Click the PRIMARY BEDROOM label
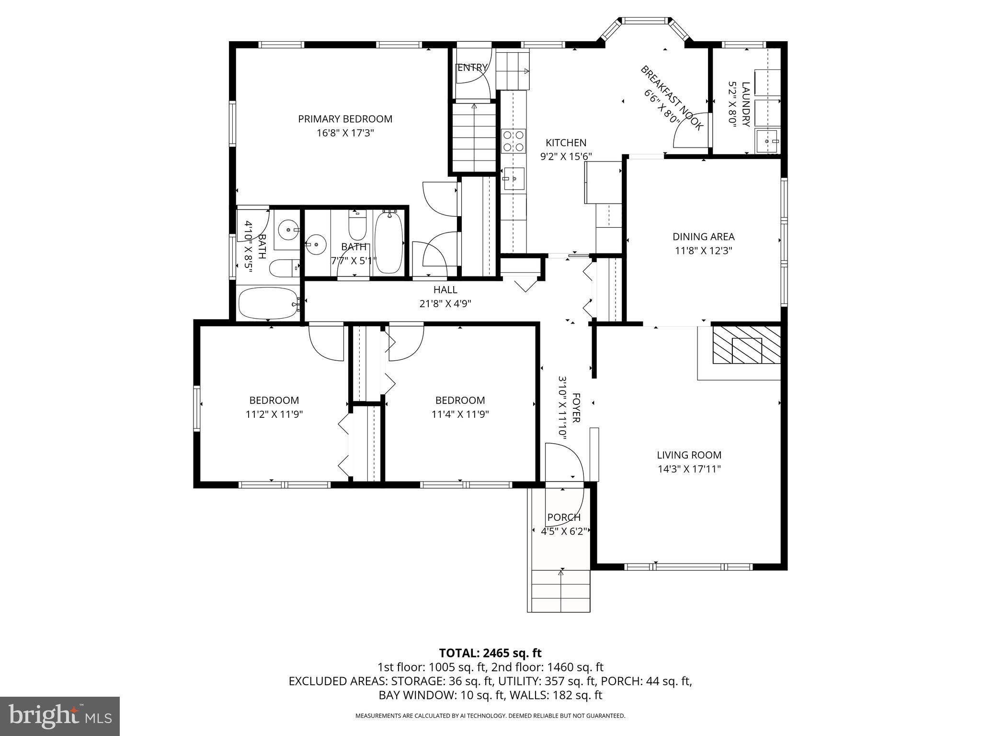click(x=345, y=119)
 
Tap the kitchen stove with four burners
click(x=513, y=141)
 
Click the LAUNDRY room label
click(x=745, y=104)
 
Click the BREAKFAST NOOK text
click(x=672, y=98)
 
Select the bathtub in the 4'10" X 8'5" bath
click(x=268, y=303)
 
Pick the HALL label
click(x=445, y=289)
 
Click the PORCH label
click(x=564, y=517)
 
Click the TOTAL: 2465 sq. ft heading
click(x=490, y=653)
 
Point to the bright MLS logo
click(x=59, y=716)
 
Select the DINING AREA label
click(x=703, y=236)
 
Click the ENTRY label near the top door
click(x=472, y=68)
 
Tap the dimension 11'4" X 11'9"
click(x=460, y=414)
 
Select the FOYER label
click(x=576, y=408)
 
